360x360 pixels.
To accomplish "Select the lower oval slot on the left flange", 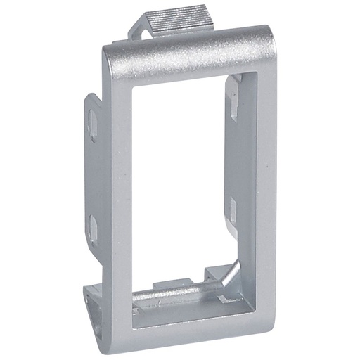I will point(93,227).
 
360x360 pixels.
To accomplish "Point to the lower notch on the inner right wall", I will point(230,207).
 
